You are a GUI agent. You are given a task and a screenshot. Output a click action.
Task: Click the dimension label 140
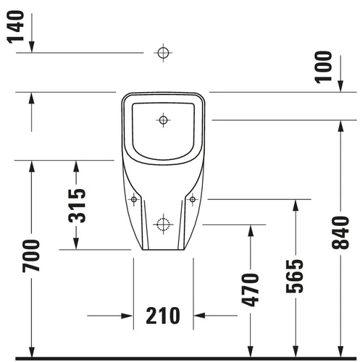click(x=15, y=27)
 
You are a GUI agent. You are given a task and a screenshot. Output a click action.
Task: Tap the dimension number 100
click(x=324, y=67)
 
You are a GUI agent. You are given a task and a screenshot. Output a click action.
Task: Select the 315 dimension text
click(x=77, y=206)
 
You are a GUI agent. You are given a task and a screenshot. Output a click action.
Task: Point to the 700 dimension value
click(x=30, y=256)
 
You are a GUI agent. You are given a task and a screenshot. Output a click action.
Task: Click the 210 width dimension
click(x=163, y=316)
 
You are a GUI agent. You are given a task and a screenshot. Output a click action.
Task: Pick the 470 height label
click(x=250, y=290)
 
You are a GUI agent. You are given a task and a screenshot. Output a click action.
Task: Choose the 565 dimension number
click(x=294, y=277)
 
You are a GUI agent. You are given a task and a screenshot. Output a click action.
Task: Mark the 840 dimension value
click(x=340, y=233)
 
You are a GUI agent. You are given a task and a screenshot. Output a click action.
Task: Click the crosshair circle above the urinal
click(x=163, y=53)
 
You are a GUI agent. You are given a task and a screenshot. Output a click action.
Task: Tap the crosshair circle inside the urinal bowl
click(x=164, y=120)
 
